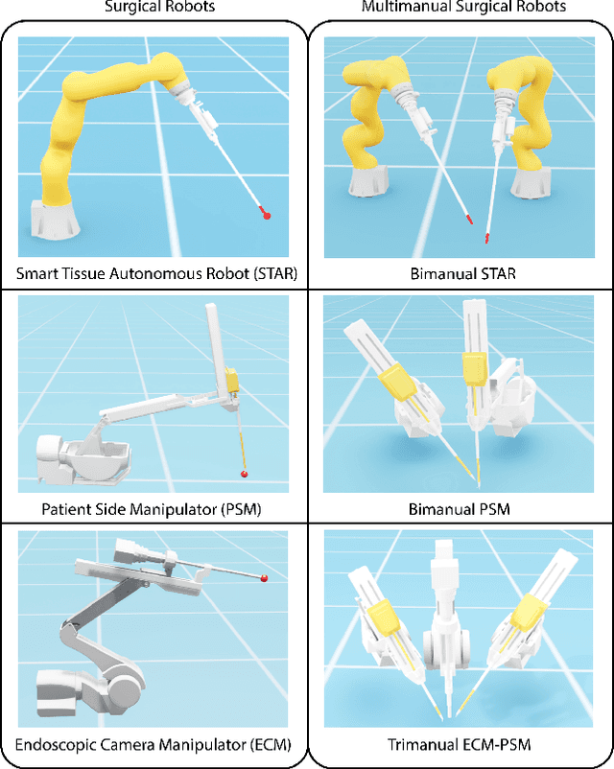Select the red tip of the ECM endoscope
coord(263,577)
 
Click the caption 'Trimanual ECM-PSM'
coord(460,744)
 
